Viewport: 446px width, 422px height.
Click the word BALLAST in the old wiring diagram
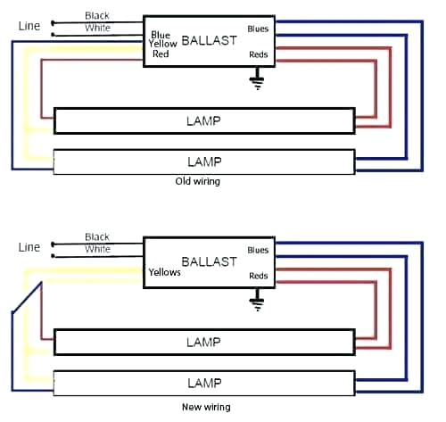[209, 40]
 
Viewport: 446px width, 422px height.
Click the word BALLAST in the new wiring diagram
[209, 261]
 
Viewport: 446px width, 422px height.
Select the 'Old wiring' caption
[198, 181]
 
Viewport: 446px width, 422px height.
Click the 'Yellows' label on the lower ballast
[164, 273]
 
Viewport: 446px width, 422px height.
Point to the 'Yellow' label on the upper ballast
[163, 44]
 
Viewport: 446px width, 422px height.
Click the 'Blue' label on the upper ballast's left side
[161, 35]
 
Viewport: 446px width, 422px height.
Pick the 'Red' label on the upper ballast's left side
[161, 54]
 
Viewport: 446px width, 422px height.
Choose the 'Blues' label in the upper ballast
[258, 29]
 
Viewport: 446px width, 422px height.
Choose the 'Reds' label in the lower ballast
[258, 277]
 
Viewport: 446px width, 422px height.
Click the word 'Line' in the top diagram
[29, 26]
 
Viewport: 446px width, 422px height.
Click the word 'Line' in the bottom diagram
[29, 247]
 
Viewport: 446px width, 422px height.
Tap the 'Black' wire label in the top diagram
[97, 16]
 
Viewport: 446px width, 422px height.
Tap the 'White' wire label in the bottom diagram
[98, 250]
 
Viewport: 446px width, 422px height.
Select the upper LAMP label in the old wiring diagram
[204, 120]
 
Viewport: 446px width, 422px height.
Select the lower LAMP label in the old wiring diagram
[204, 161]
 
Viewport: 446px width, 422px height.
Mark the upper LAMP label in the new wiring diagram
[204, 342]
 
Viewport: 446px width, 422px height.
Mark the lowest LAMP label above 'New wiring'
[204, 383]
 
